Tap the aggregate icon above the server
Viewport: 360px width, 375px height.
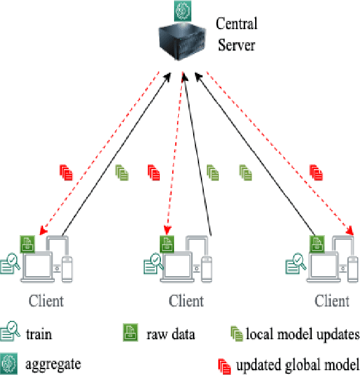point(182,9)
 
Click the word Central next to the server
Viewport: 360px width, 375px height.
point(236,24)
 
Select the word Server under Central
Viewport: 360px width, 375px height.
point(237,45)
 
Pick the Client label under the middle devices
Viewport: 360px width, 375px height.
point(186,300)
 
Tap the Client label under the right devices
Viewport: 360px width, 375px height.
point(332,300)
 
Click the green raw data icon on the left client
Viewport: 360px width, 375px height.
point(27,243)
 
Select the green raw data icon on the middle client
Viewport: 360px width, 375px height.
point(167,243)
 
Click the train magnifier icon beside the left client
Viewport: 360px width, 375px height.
point(10,262)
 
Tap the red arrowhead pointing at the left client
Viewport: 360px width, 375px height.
point(41,231)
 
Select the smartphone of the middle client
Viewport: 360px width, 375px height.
point(207,268)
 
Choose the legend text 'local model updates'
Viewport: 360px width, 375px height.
point(302,334)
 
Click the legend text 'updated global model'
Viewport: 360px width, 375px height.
point(297,364)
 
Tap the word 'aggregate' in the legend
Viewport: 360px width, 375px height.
point(53,362)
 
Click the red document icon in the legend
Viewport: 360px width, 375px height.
point(225,364)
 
